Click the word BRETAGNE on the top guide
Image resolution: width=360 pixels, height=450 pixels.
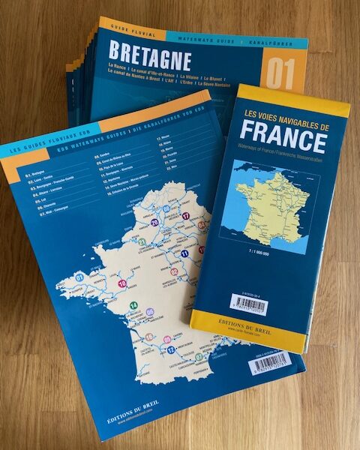coord(150,56)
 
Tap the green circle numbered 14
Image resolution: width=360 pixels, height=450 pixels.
coord(133,305)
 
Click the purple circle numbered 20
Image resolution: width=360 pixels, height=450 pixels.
coord(154,223)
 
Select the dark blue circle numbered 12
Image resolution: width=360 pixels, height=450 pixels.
coord(171,349)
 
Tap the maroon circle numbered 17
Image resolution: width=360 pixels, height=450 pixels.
coord(185,216)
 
